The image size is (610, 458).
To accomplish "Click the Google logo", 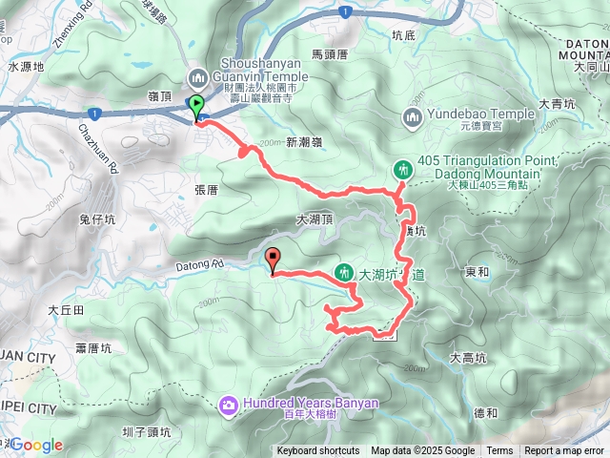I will click(36, 445).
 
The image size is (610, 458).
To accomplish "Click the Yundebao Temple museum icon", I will click(413, 117).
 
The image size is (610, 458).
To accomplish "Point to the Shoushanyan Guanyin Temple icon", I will click(198, 76).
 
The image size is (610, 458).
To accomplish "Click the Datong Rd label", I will click(197, 263).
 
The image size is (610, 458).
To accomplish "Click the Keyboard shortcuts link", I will click(318, 451).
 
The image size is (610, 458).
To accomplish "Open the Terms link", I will click(499, 451).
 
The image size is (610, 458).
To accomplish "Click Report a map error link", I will click(564, 451).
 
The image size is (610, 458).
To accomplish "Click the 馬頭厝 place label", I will click(330, 55).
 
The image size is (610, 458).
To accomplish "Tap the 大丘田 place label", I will click(66, 310).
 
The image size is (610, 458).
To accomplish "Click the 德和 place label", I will click(484, 412).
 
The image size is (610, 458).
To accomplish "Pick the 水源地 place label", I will click(27, 68).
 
